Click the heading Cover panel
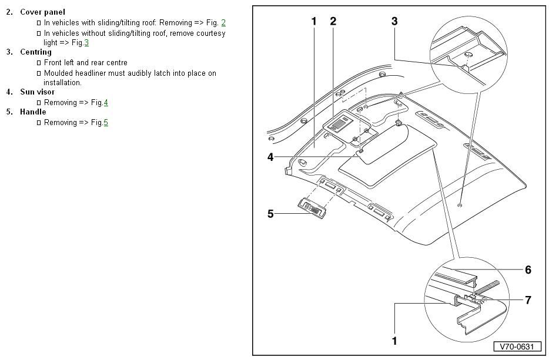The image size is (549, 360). [42, 12]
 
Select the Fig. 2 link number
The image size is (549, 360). [223, 23]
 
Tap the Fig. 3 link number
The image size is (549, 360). [86, 43]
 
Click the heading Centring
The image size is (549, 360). [35, 52]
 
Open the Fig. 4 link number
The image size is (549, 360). [106, 103]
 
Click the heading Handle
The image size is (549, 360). [33, 112]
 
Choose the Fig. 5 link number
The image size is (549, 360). [106, 123]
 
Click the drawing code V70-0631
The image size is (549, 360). [517, 346]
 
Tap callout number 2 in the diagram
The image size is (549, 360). [333, 21]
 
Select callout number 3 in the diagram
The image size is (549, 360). [394, 21]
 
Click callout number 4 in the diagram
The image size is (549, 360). [270, 157]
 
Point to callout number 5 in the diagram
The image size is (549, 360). [270, 214]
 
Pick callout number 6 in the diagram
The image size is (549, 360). [528, 270]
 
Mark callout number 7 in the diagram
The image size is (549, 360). [528, 300]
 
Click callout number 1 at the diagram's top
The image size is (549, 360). [314, 21]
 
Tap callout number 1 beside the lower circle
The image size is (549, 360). [394, 341]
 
